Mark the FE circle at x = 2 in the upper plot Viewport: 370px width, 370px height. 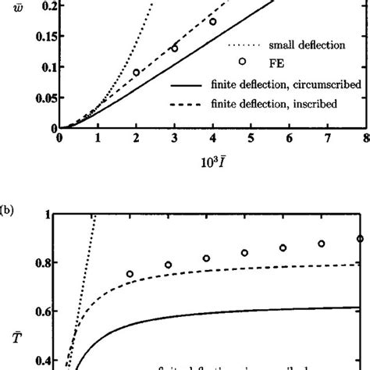pos(137,73)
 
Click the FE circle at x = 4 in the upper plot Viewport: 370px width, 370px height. pos(212,21)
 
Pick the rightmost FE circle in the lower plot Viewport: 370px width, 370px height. pos(360,239)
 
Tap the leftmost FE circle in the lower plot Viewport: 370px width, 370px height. pos(130,274)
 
